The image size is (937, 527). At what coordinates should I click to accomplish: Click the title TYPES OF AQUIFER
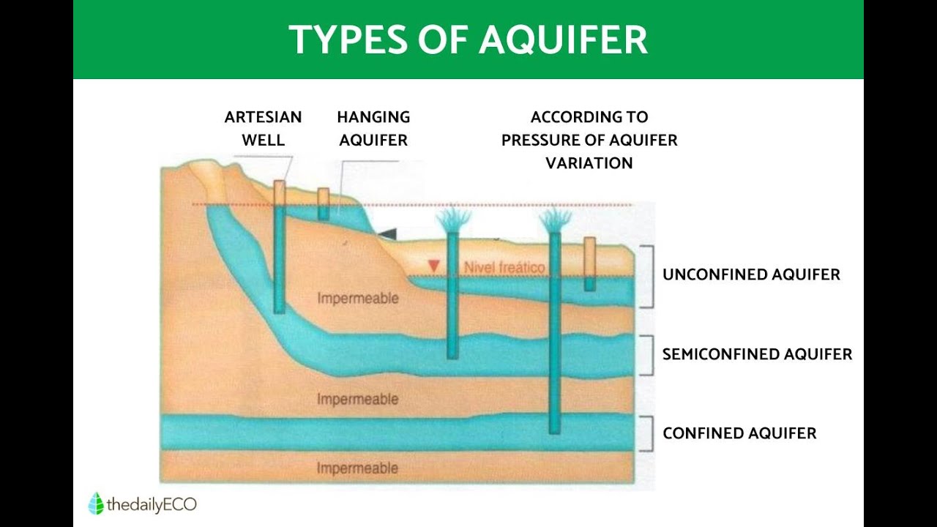pos(468,40)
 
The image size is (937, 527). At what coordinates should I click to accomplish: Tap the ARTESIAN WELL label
pos(263,128)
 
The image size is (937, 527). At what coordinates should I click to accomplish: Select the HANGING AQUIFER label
pos(373,128)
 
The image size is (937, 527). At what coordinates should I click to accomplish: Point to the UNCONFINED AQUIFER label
pos(751,274)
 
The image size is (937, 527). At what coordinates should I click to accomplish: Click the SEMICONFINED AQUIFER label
pos(757,354)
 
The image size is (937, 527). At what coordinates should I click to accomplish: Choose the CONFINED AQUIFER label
pos(739,433)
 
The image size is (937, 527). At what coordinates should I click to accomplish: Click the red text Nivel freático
pos(504,268)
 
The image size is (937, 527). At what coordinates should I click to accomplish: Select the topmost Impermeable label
pos(358,299)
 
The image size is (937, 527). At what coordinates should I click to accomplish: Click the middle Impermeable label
pos(358,400)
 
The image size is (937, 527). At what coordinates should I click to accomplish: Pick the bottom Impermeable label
pos(358,468)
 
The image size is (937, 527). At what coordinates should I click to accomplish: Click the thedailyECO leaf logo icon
pos(95,504)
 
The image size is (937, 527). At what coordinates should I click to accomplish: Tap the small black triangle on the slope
pos(387,233)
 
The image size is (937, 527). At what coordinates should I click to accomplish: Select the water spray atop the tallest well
pos(556,218)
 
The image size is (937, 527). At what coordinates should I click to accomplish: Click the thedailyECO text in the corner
pos(152,504)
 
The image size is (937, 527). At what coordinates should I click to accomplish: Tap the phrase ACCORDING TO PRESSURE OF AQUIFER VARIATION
pos(589,140)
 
